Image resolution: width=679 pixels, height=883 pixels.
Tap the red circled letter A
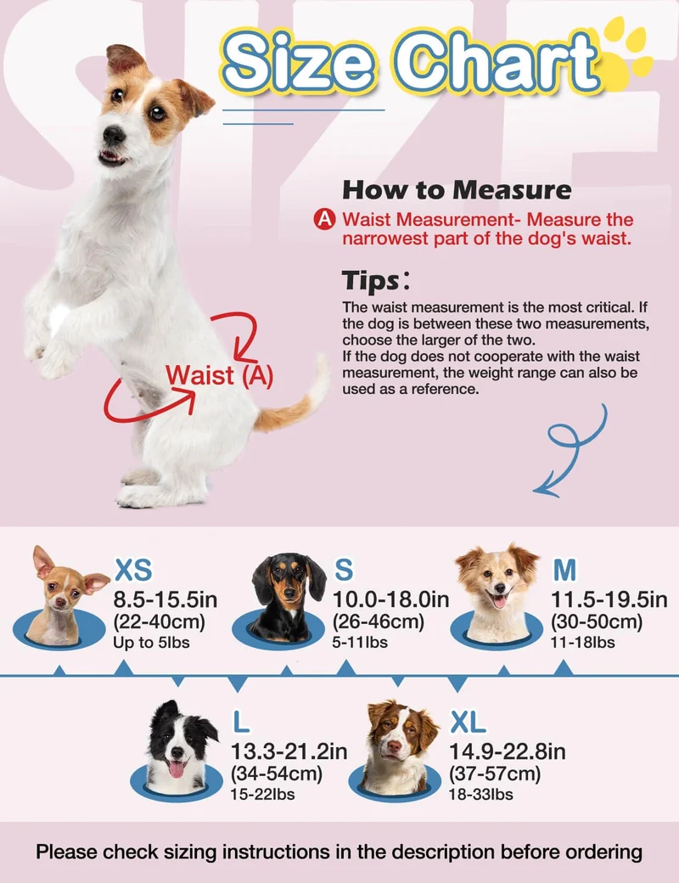click(x=325, y=219)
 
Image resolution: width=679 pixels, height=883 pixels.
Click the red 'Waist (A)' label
click(x=220, y=375)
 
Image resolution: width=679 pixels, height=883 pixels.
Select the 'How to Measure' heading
click(x=457, y=190)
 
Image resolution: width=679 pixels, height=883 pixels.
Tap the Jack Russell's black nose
click(x=114, y=135)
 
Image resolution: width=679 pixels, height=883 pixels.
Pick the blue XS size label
click(x=133, y=570)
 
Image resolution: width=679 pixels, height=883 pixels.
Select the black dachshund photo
click(x=287, y=598)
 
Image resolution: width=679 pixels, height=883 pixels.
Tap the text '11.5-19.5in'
click(x=609, y=599)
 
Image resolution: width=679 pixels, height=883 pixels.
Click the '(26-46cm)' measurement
click(x=379, y=621)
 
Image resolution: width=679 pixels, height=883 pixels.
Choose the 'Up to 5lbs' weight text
click(x=151, y=643)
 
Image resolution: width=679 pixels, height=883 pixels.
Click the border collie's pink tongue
click(x=177, y=768)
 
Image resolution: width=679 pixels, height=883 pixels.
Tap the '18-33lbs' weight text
click(x=481, y=795)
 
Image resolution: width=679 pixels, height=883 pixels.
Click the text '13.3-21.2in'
click(x=289, y=751)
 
